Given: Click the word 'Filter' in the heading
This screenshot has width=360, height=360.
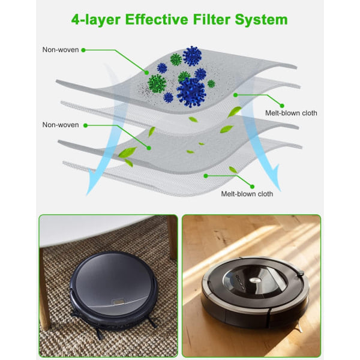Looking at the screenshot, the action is (x=211, y=19).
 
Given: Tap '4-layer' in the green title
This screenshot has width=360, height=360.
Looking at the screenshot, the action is (x=96, y=20).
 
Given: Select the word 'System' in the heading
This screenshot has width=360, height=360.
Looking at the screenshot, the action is (x=261, y=20).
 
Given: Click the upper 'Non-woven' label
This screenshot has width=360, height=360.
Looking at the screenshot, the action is (x=61, y=50).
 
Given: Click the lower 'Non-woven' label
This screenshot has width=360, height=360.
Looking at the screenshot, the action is (x=61, y=125).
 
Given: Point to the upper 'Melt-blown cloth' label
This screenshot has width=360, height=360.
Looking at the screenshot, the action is (x=291, y=113).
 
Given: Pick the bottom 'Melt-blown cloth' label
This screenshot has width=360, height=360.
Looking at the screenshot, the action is (x=247, y=194).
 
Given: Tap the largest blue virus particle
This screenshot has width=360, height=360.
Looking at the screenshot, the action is (x=191, y=92).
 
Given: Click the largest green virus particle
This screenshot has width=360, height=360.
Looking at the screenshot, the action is (x=157, y=83).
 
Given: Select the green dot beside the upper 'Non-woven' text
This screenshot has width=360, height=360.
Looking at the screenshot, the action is (x=83, y=50).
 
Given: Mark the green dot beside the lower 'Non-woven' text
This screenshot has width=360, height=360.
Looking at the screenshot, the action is (x=85, y=125).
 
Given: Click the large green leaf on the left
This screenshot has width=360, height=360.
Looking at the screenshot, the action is (x=127, y=152).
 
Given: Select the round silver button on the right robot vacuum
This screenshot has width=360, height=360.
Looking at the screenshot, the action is (x=256, y=280).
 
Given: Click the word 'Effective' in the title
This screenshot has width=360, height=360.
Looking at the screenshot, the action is (x=157, y=19).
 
